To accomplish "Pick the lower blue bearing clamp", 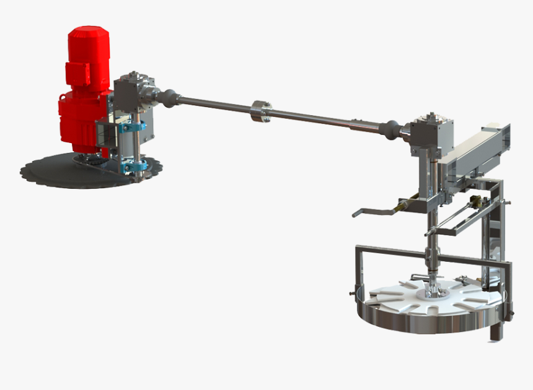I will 136,167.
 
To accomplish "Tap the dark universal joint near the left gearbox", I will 169,98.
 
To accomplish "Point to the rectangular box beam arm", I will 480,152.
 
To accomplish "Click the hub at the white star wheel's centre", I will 436,292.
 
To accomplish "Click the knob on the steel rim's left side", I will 352,292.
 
